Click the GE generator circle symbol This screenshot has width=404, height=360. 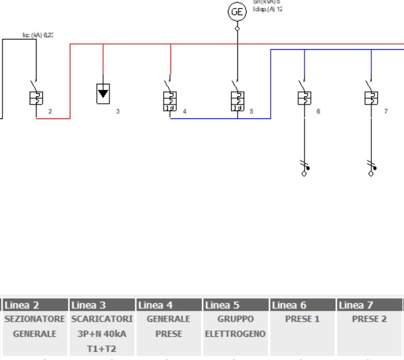click(x=237, y=11)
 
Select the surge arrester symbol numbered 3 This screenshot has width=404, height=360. click(x=103, y=94)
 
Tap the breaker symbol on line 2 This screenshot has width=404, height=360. click(x=36, y=98)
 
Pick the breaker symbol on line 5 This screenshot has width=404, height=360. click(x=237, y=100)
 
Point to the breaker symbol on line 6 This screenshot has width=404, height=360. click(x=304, y=98)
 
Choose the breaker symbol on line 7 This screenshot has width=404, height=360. click(x=371, y=98)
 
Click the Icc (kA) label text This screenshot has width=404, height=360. click(x=37, y=35)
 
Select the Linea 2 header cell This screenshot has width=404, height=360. click(x=35, y=306)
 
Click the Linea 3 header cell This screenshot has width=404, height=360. click(x=101, y=306)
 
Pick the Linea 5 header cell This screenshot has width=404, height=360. click(x=235, y=306)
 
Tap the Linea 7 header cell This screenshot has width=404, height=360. click(x=369, y=306)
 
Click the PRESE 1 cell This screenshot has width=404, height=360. click(x=302, y=319)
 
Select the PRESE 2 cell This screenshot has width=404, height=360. click(x=369, y=319)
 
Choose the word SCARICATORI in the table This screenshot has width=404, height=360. click(x=101, y=319)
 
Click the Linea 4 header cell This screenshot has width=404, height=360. click(x=169, y=306)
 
